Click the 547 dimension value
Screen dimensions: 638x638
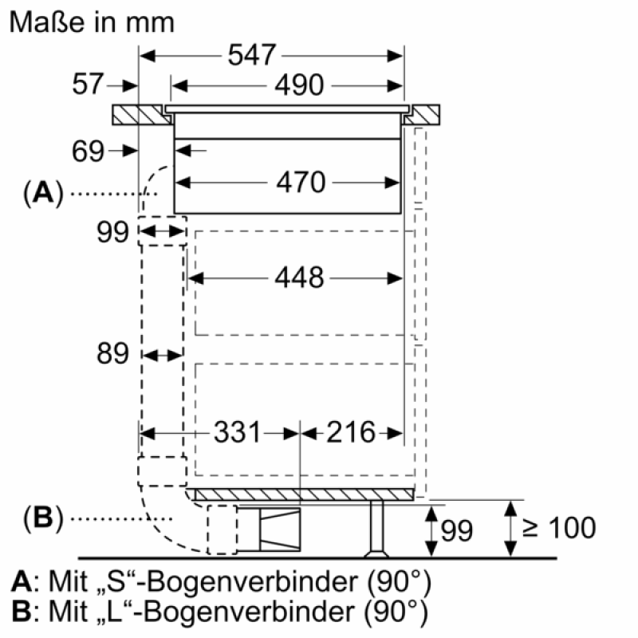(252, 55)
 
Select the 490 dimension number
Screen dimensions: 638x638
(299, 85)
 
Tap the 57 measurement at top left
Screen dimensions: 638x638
(88, 84)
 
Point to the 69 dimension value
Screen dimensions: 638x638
(88, 151)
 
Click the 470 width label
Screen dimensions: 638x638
(301, 182)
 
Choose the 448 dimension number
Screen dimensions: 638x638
(299, 278)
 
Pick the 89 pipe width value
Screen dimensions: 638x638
(112, 352)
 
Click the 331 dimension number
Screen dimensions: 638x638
(237, 432)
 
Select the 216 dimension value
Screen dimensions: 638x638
(351, 432)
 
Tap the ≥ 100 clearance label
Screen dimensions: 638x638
(559, 528)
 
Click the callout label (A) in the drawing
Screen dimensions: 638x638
(44, 192)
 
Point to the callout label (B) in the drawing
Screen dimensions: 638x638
(44, 518)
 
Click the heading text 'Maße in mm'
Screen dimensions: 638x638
(92, 22)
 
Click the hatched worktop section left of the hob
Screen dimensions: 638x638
(142, 115)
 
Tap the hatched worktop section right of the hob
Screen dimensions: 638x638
(423, 115)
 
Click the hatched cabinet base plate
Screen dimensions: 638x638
(305, 494)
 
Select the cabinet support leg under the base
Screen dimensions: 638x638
(376, 529)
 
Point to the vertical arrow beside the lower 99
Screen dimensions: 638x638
(431, 531)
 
